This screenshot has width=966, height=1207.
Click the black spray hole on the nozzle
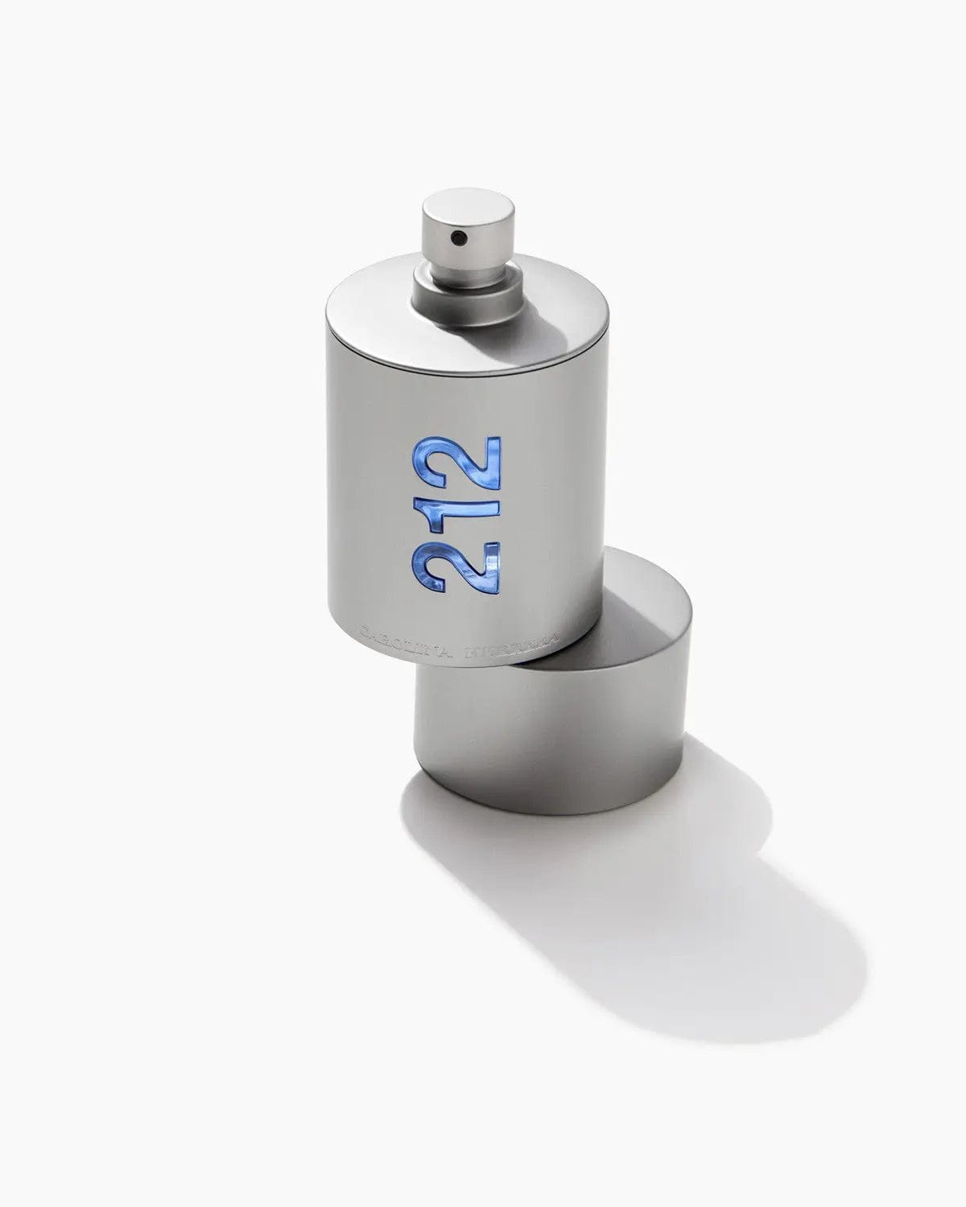(458, 237)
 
